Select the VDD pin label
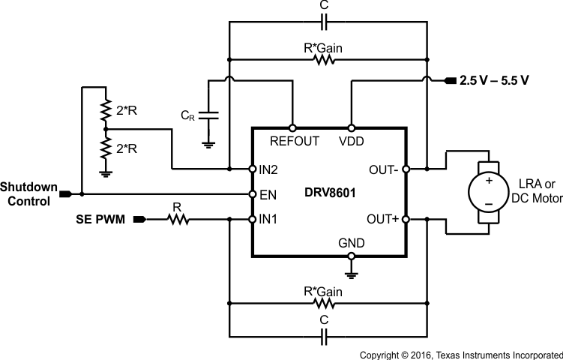351,141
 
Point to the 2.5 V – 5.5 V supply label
495,80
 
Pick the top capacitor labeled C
324,23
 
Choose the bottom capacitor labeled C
324,338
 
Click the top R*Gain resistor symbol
324,58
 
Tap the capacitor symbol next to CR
210,116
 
